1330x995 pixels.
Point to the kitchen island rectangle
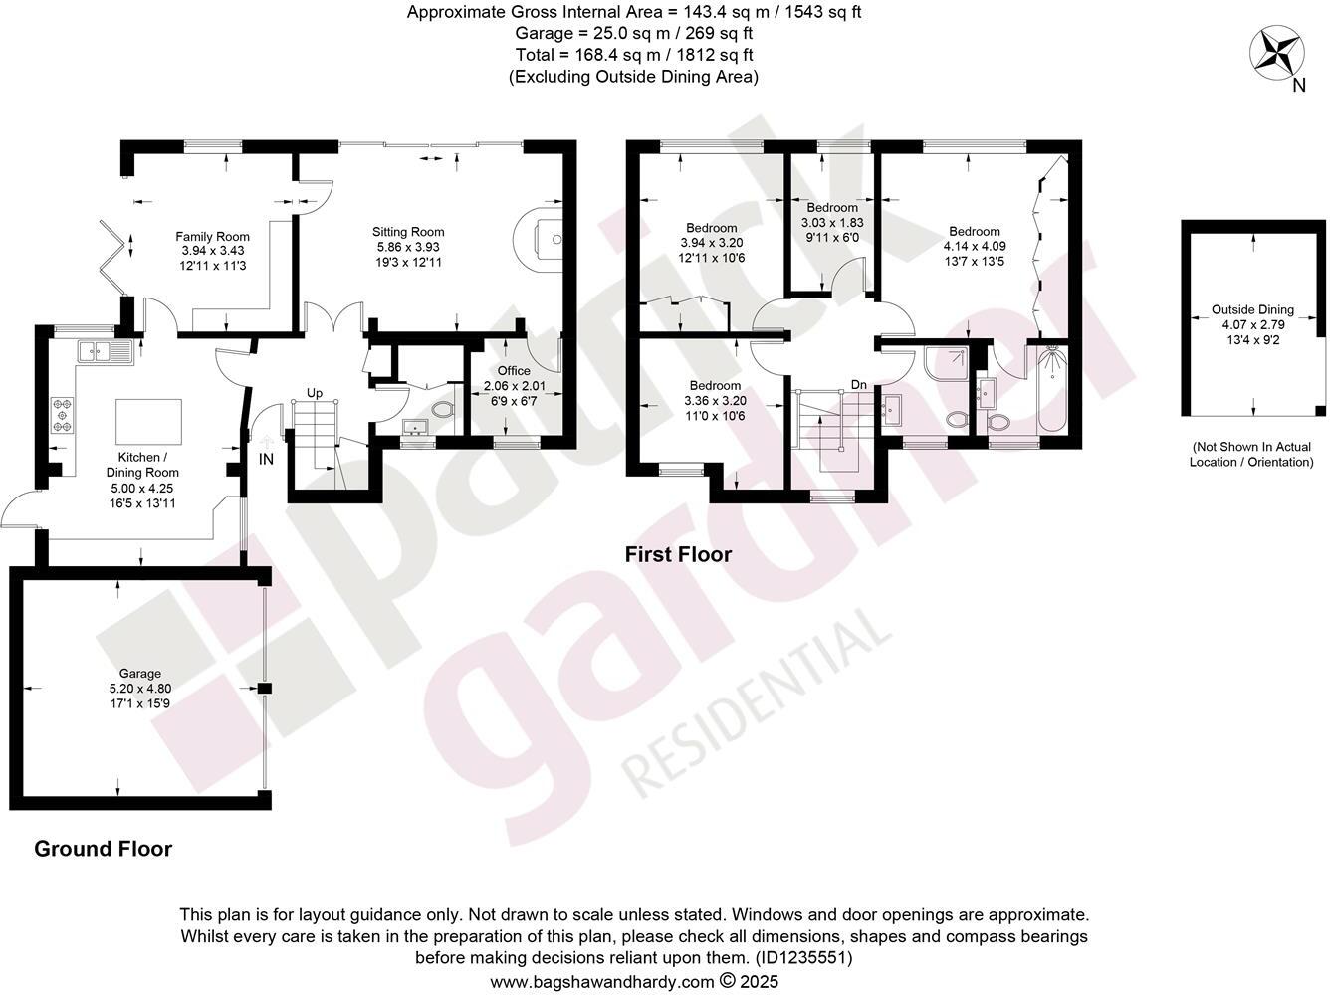coord(149,422)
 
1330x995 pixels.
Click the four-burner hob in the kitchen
coord(63,415)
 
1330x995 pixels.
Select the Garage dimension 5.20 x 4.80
coord(135,688)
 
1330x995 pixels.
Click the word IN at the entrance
coord(266,460)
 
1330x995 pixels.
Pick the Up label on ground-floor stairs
coord(315,393)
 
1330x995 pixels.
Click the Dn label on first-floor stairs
coord(858,385)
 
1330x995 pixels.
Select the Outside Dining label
coord(1252,309)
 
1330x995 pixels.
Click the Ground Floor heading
coord(103,849)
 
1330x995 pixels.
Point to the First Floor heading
coord(678,554)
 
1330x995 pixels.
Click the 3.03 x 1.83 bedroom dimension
coord(832,222)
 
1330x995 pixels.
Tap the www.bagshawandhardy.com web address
coord(602,981)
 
